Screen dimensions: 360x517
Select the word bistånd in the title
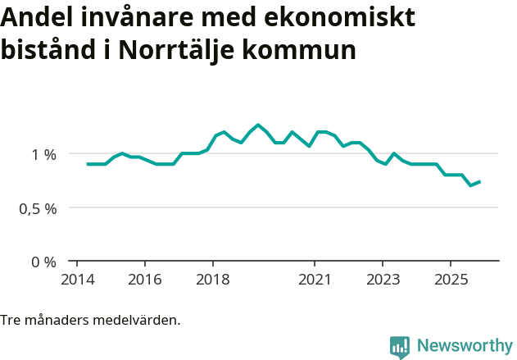coord(48,50)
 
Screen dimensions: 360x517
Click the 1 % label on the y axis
coord(44,154)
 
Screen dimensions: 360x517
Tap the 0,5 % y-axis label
coord(39,208)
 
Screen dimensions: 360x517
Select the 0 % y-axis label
coord(44,262)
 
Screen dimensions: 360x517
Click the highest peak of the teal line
coord(258,125)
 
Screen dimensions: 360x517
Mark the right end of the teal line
coord(479,182)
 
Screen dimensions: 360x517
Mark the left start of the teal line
coord(88,164)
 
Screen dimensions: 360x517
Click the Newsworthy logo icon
coord(400,347)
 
